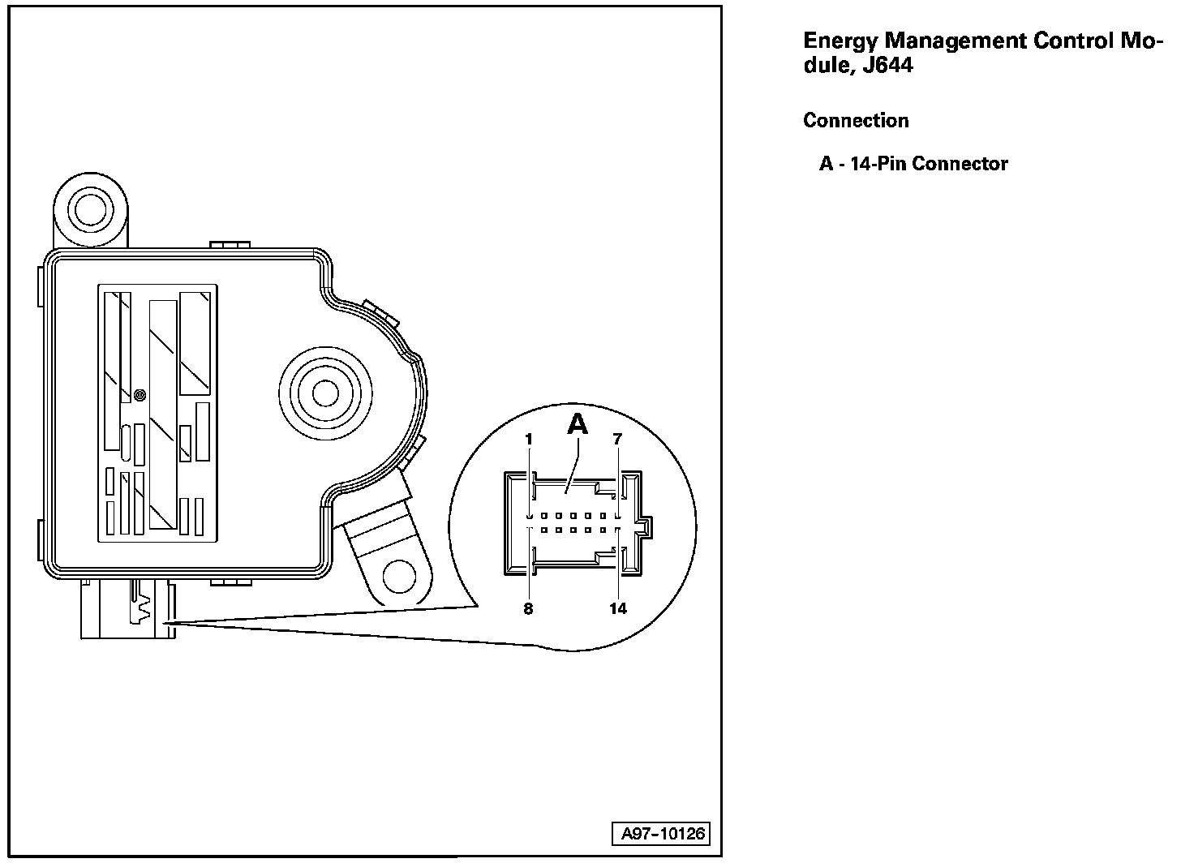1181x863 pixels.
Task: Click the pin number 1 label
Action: click(x=528, y=440)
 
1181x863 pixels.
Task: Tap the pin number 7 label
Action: click(x=617, y=440)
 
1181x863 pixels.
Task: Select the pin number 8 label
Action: click(x=528, y=609)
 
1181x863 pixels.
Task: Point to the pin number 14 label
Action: click(x=618, y=609)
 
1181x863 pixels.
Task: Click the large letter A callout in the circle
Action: click(x=577, y=425)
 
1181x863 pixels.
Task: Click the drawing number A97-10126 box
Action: click(x=664, y=834)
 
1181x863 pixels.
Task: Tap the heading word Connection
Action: click(x=856, y=121)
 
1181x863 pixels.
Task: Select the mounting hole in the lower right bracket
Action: click(x=399, y=575)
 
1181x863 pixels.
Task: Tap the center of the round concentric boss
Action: click(x=325, y=393)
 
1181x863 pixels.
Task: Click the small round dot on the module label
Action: click(x=140, y=395)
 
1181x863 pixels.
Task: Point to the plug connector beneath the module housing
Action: click(x=126, y=611)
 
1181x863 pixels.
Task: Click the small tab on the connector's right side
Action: click(x=645, y=528)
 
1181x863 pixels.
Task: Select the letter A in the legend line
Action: click(x=826, y=164)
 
